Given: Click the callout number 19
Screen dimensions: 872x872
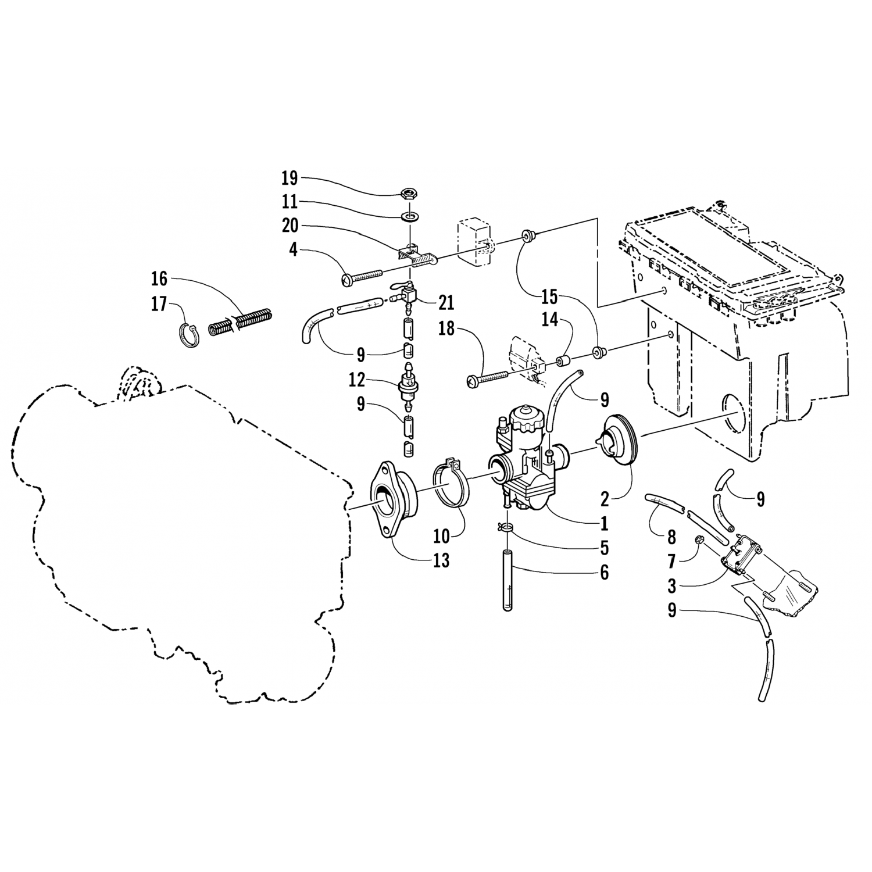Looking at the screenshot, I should pyautogui.click(x=290, y=177).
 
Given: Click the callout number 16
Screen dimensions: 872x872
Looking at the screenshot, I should pyautogui.click(x=159, y=279).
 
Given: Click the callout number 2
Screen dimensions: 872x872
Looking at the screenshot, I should pyautogui.click(x=605, y=498).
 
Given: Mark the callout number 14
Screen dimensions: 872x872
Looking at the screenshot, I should pyautogui.click(x=550, y=319).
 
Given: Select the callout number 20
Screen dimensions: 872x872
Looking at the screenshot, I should pyautogui.click(x=290, y=227).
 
